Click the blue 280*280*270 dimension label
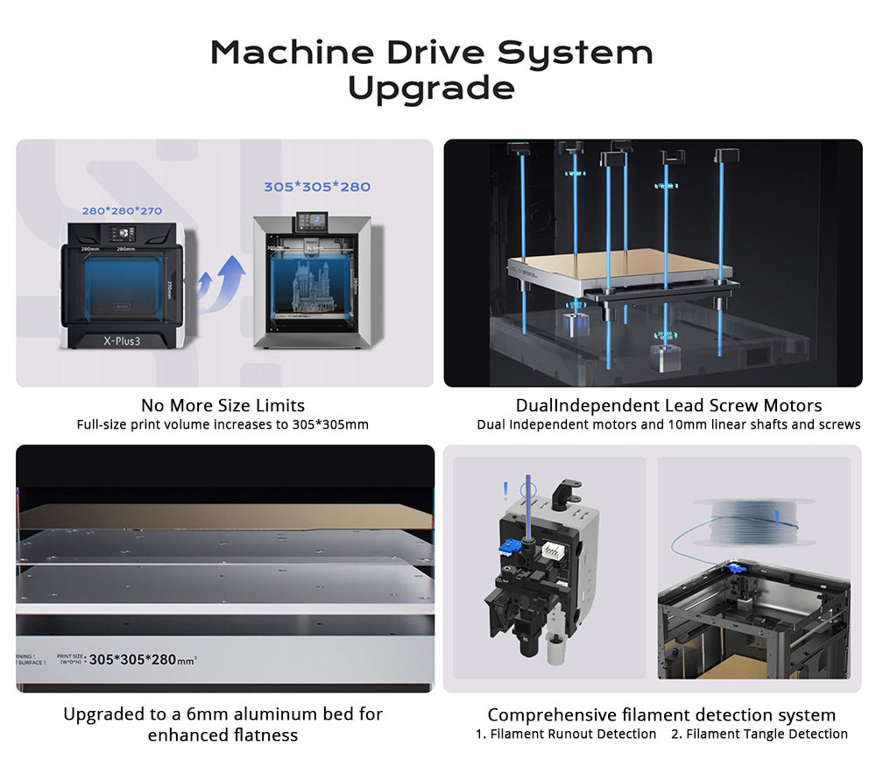coord(122,211)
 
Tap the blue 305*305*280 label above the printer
coord(317,187)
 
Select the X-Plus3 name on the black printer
coord(122,339)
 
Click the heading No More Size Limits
coord(223,406)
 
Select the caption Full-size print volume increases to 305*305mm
coord(223,425)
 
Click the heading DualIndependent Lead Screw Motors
coord(668,406)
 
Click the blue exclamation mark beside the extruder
coord(505,489)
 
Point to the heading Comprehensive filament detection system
coord(661,715)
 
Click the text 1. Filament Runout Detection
coord(566,735)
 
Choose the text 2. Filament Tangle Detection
coord(759,735)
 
